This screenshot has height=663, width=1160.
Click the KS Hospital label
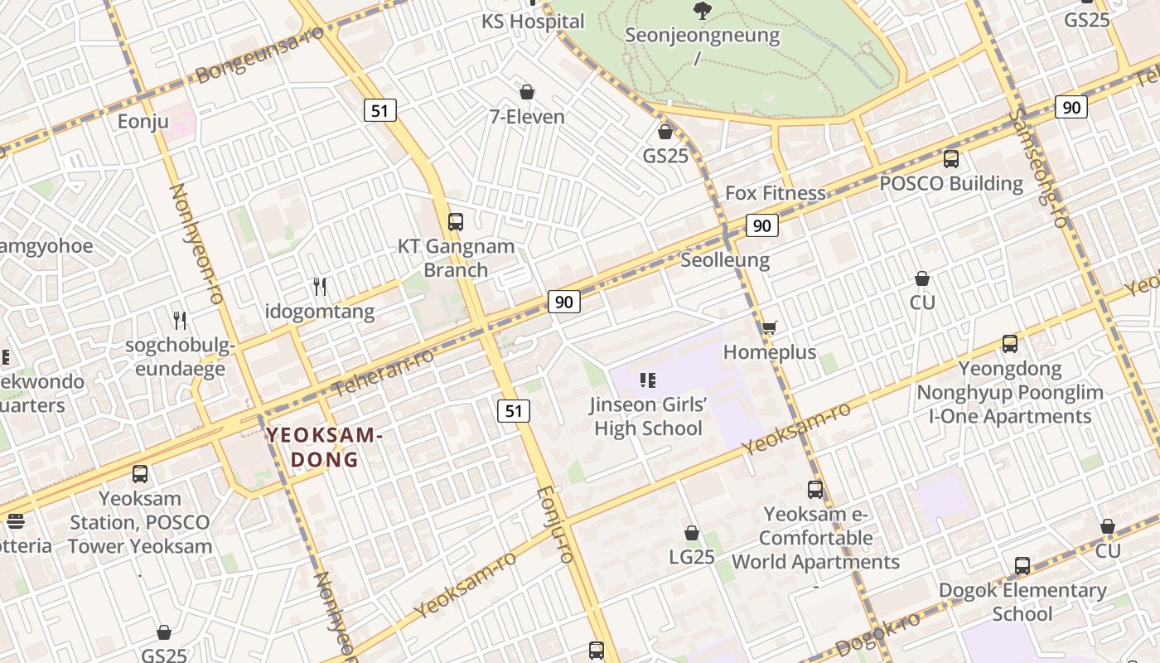pos(533,22)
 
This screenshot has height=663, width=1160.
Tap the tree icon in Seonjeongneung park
pos(703,11)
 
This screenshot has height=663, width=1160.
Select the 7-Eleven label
pos(526,117)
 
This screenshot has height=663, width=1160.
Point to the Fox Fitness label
pos(776,193)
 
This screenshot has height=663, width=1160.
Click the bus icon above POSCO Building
pos(951,158)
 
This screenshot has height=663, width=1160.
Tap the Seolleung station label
pos(725,259)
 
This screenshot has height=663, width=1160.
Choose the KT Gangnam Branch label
pos(456,258)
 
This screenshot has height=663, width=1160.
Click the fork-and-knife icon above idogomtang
pos(320,287)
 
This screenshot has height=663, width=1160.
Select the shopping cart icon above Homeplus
pos(770,327)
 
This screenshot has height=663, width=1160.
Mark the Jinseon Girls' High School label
pos(648,417)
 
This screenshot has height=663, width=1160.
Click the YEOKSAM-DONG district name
pos(324,448)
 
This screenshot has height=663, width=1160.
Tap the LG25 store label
pos(692,557)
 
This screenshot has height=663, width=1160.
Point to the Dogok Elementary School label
pos(1022,602)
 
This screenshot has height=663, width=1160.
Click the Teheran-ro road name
pos(383,372)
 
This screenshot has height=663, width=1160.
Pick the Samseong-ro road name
pos(1041,169)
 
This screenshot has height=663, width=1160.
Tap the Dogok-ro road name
pos(877,635)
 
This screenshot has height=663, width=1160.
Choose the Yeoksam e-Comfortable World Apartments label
pos(815,538)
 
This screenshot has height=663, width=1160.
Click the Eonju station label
pos(143,123)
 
